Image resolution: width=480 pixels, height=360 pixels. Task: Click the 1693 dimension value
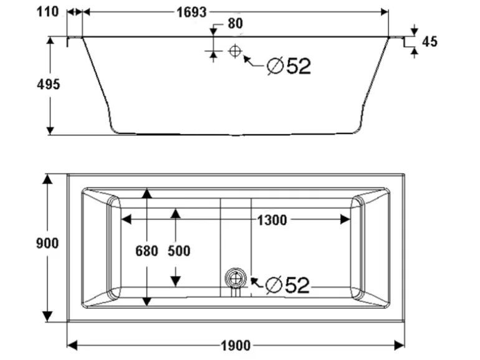[x=191, y=12]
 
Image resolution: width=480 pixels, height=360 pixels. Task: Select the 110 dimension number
[x=47, y=12]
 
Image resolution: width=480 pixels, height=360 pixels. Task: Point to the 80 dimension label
[x=235, y=24]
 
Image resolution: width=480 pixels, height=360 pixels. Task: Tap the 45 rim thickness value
[x=430, y=42]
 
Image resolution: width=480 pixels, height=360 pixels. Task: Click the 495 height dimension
[x=49, y=85]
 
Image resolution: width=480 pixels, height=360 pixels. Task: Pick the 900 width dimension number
[x=47, y=244]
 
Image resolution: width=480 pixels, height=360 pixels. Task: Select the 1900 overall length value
[x=236, y=346]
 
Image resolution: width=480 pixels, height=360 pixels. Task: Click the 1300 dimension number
[x=272, y=220]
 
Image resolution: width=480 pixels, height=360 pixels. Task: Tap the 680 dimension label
[x=146, y=251]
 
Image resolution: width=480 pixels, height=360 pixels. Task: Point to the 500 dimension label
[x=179, y=251]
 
